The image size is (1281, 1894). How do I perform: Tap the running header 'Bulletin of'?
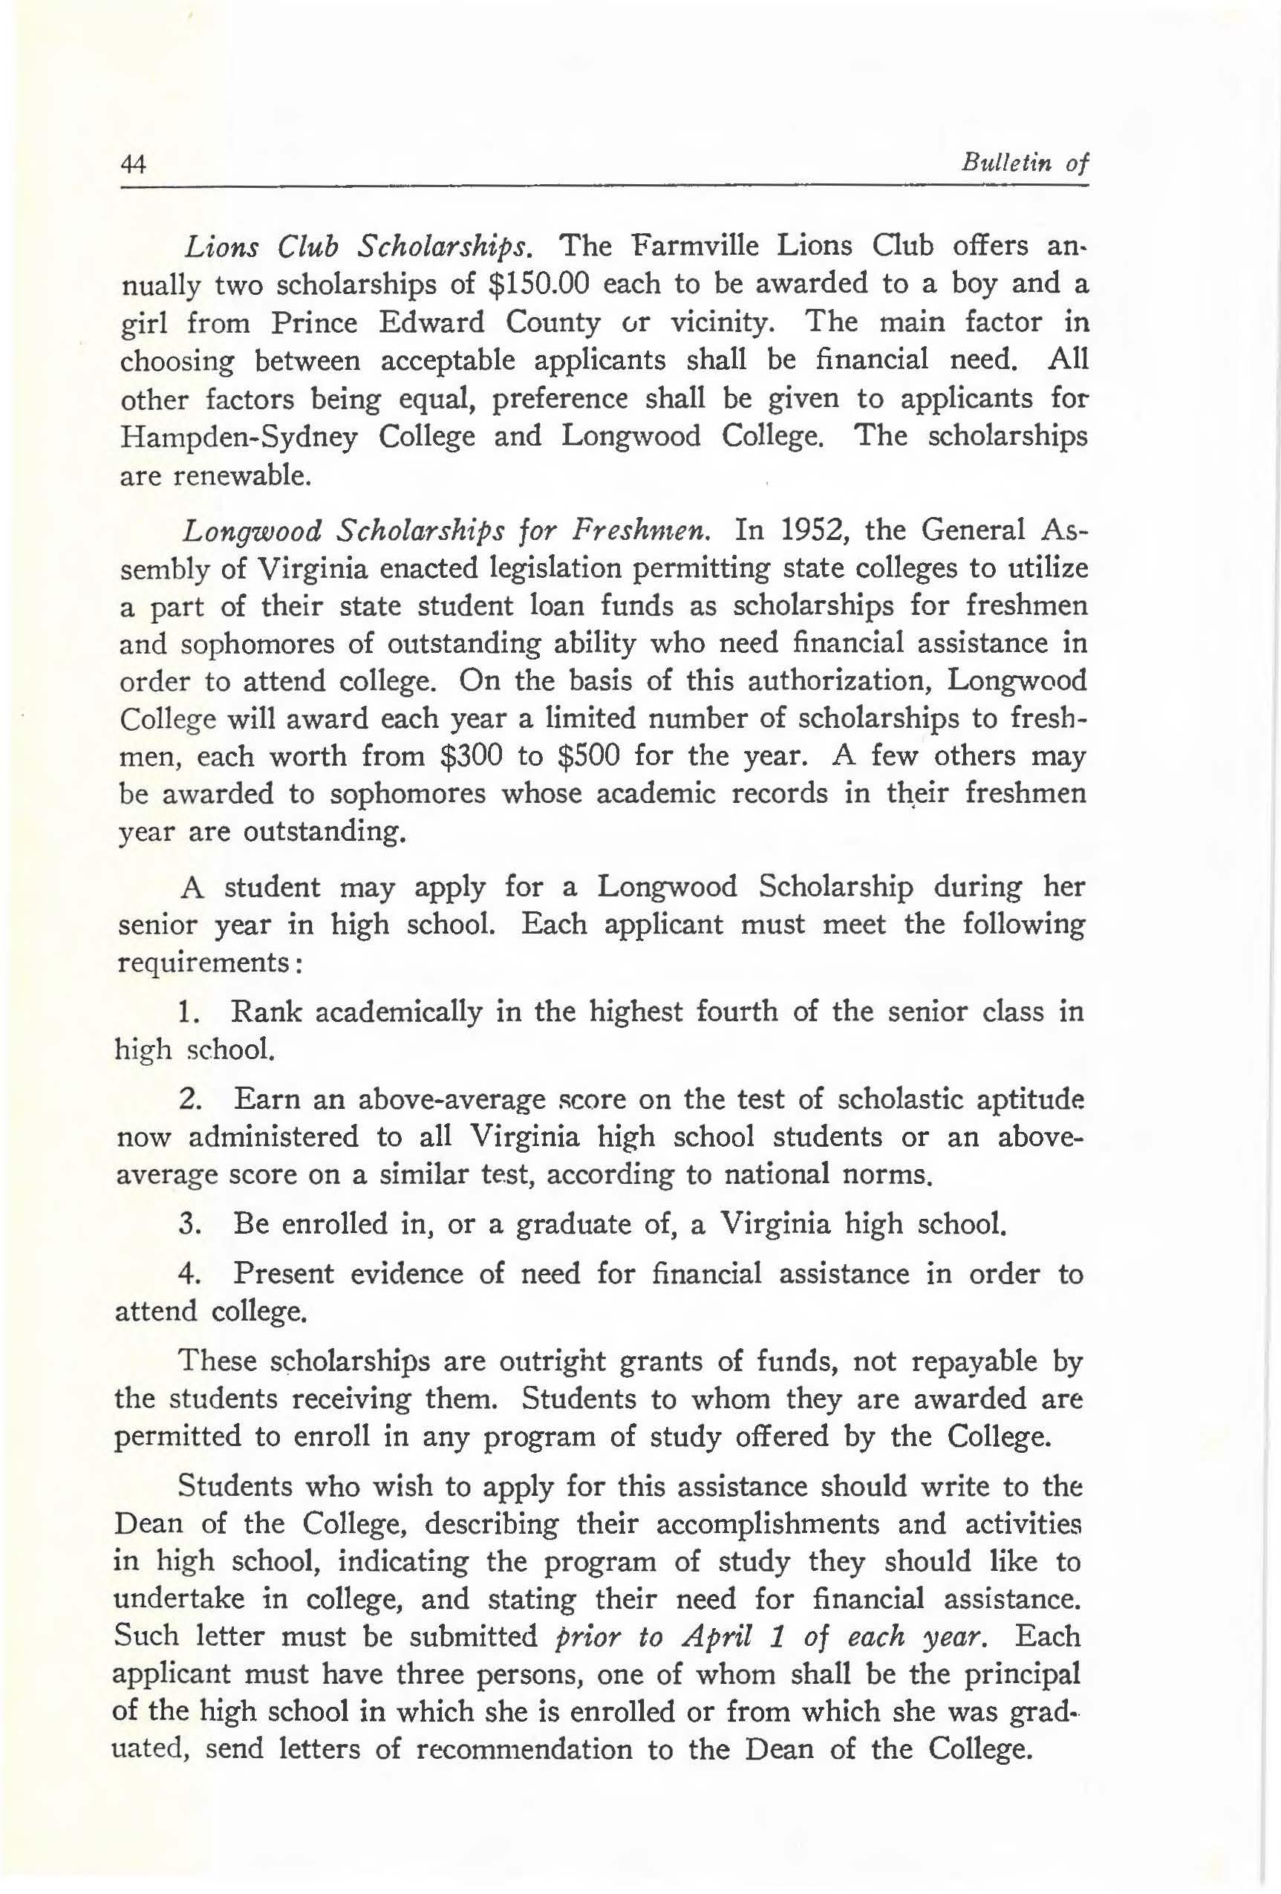[x=1024, y=162]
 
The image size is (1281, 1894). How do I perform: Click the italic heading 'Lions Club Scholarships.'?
[x=359, y=246]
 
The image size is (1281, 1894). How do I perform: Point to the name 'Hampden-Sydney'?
[x=239, y=437]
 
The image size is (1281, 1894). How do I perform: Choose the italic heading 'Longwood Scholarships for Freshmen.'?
[x=446, y=530]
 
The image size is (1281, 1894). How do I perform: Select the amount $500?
[x=588, y=755]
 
